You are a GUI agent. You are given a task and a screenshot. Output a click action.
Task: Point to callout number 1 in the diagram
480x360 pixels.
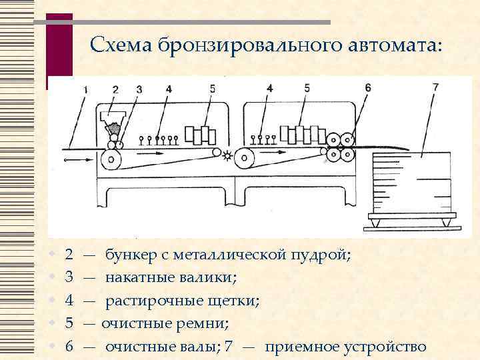pyautogui.click(x=85, y=89)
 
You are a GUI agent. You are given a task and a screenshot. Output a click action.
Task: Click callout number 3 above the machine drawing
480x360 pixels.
pyautogui.click(x=139, y=89)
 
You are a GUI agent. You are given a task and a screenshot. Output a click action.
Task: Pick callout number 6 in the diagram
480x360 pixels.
pyautogui.click(x=367, y=87)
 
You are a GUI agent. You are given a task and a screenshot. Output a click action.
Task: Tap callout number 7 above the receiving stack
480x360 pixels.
pyautogui.click(x=435, y=87)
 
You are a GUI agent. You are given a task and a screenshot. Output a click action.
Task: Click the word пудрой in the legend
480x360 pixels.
pyautogui.click(x=319, y=255)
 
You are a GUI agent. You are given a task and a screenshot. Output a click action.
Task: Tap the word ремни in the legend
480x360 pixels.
pyautogui.click(x=207, y=324)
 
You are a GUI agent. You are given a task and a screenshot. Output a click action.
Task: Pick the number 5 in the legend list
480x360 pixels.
pyautogui.click(x=69, y=324)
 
